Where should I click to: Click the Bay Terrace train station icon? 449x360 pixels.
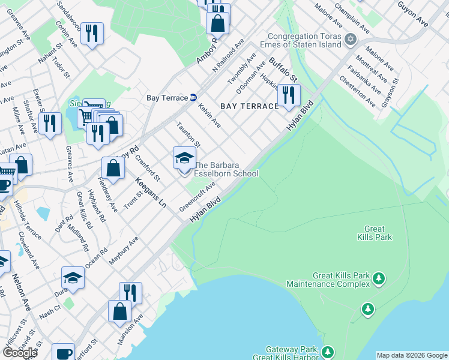tap(193, 98)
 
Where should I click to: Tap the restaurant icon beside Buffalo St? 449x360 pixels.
tap(289, 95)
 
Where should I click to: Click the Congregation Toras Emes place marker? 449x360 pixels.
tap(350, 40)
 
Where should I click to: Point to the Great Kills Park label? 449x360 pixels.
tap(378, 233)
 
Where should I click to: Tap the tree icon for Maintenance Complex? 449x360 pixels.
tap(379, 278)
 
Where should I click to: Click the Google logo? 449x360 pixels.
tap(20, 352)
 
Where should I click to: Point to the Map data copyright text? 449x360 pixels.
tap(411, 355)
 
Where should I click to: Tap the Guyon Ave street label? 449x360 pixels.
tap(413, 13)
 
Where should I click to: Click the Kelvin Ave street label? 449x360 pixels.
tap(209, 116)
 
